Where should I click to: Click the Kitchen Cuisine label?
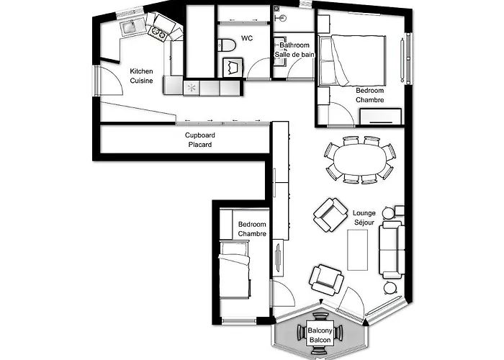point(141,76)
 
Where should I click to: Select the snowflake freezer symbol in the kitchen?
point(192,88)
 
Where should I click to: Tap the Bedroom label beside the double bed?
point(369,95)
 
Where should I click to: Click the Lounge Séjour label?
point(364,217)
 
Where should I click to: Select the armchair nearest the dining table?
point(330,214)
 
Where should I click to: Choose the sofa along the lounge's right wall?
point(392,249)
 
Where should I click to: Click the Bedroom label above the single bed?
point(252,229)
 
